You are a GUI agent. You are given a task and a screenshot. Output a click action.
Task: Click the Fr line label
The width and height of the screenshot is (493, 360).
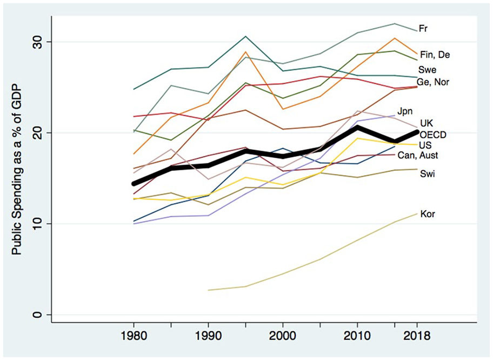(423, 29)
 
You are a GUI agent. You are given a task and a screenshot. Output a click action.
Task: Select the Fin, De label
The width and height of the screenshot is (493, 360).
(435, 55)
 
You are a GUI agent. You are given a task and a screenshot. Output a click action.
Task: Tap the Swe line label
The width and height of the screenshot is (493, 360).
(427, 70)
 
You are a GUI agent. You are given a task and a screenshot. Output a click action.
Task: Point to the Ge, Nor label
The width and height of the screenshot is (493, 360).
(433, 82)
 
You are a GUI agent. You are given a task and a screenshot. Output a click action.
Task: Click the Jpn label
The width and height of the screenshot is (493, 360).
(405, 111)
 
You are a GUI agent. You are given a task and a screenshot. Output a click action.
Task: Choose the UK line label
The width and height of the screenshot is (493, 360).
(427, 123)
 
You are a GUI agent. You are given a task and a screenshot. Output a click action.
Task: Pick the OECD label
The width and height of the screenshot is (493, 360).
(433, 135)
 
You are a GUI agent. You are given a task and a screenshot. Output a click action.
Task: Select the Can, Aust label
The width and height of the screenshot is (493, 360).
(418, 155)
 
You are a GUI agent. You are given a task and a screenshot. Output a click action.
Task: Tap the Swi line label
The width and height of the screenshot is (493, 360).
(428, 174)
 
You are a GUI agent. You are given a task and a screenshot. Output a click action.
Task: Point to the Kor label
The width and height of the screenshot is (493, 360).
(428, 214)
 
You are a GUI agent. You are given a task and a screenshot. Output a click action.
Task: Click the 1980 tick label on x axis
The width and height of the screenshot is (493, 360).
(134, 336)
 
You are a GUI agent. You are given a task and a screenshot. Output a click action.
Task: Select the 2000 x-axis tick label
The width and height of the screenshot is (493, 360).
(283, 336)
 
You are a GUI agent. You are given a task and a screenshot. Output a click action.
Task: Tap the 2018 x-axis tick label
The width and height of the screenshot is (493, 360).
(417, 336)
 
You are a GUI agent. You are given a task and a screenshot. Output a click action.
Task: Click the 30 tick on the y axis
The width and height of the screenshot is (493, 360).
(38, 42)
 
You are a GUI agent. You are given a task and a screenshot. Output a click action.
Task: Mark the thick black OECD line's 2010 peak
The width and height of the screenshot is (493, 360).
(357, 127)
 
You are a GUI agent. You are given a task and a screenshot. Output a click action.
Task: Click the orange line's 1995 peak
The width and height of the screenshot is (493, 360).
(245, 51)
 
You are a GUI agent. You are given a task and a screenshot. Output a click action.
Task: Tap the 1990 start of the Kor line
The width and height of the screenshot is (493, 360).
(208, 290)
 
